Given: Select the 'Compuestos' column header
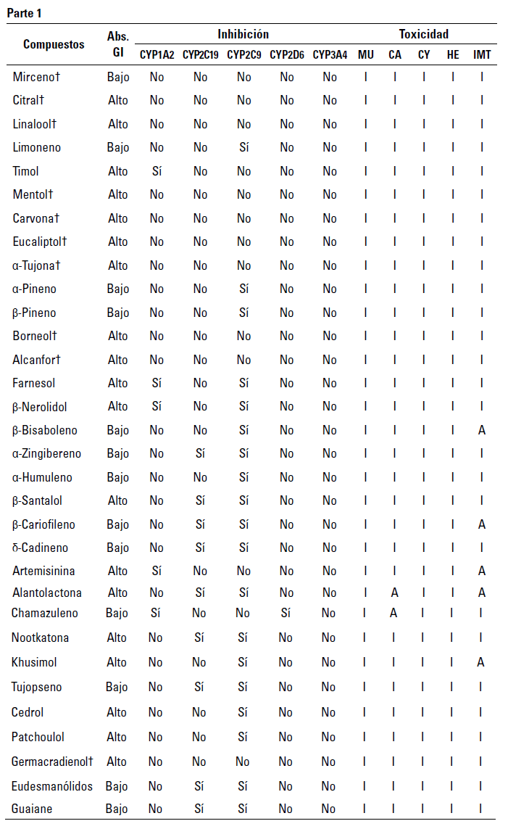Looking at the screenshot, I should (x=54, y=44).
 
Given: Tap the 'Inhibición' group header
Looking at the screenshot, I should (x=243, y=34).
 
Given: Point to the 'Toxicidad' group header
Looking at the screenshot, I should (x=423, y=34).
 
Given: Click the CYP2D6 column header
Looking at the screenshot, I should (x=287, y=54).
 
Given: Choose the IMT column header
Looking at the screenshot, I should (x=482, y=54).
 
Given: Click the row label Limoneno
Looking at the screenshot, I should (x=36, y=147).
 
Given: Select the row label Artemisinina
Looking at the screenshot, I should (x=43, y=571).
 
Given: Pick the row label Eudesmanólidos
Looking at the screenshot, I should (x=51, y=785).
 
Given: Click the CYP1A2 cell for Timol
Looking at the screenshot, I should (x=157, y=171).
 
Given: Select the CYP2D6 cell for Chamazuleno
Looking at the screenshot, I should (x=287, y=613).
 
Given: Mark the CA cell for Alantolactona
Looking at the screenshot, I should (x=394, y=593).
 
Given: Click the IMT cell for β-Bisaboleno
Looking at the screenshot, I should (x=482, y=430).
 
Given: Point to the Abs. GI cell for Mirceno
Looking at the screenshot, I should (x=118, y=77).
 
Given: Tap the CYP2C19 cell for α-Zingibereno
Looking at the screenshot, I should (x=200, y=453).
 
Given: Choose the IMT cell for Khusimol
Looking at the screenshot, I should (x=482, y=662).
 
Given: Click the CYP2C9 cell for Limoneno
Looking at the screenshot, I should (x=243, y=147).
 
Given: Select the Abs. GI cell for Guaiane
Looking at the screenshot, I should (x=117, y=809).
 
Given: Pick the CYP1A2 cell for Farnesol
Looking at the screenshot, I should (x=157, y=383).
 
